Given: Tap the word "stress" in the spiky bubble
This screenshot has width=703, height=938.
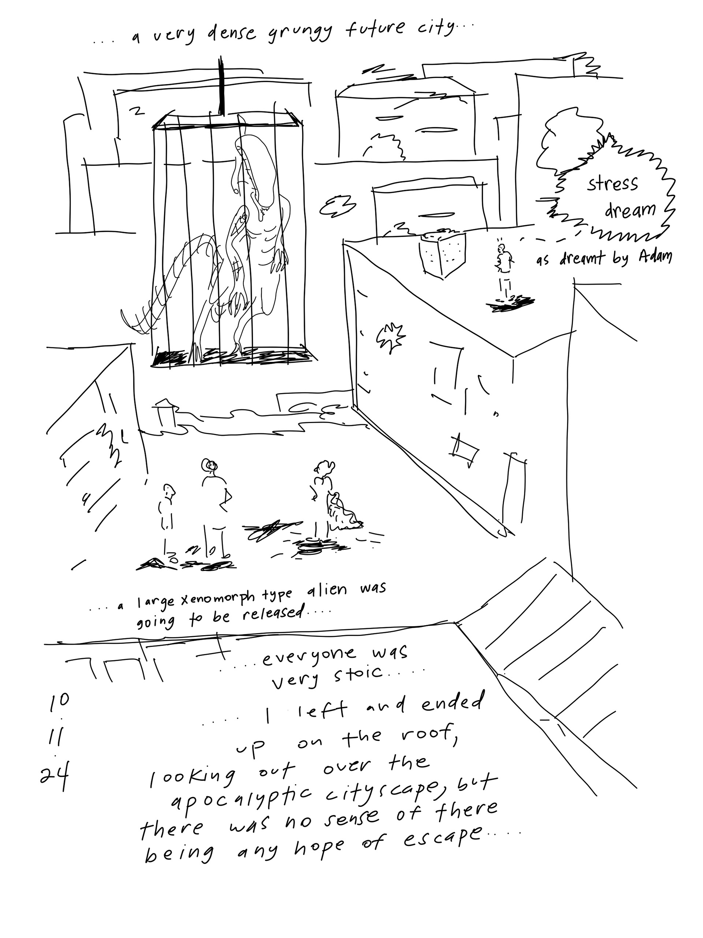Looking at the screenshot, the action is [x=612, y=184].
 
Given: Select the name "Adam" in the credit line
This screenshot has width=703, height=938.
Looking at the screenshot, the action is [x=655, y=256].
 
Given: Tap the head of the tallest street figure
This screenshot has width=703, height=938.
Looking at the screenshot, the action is [x=209, y=466].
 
